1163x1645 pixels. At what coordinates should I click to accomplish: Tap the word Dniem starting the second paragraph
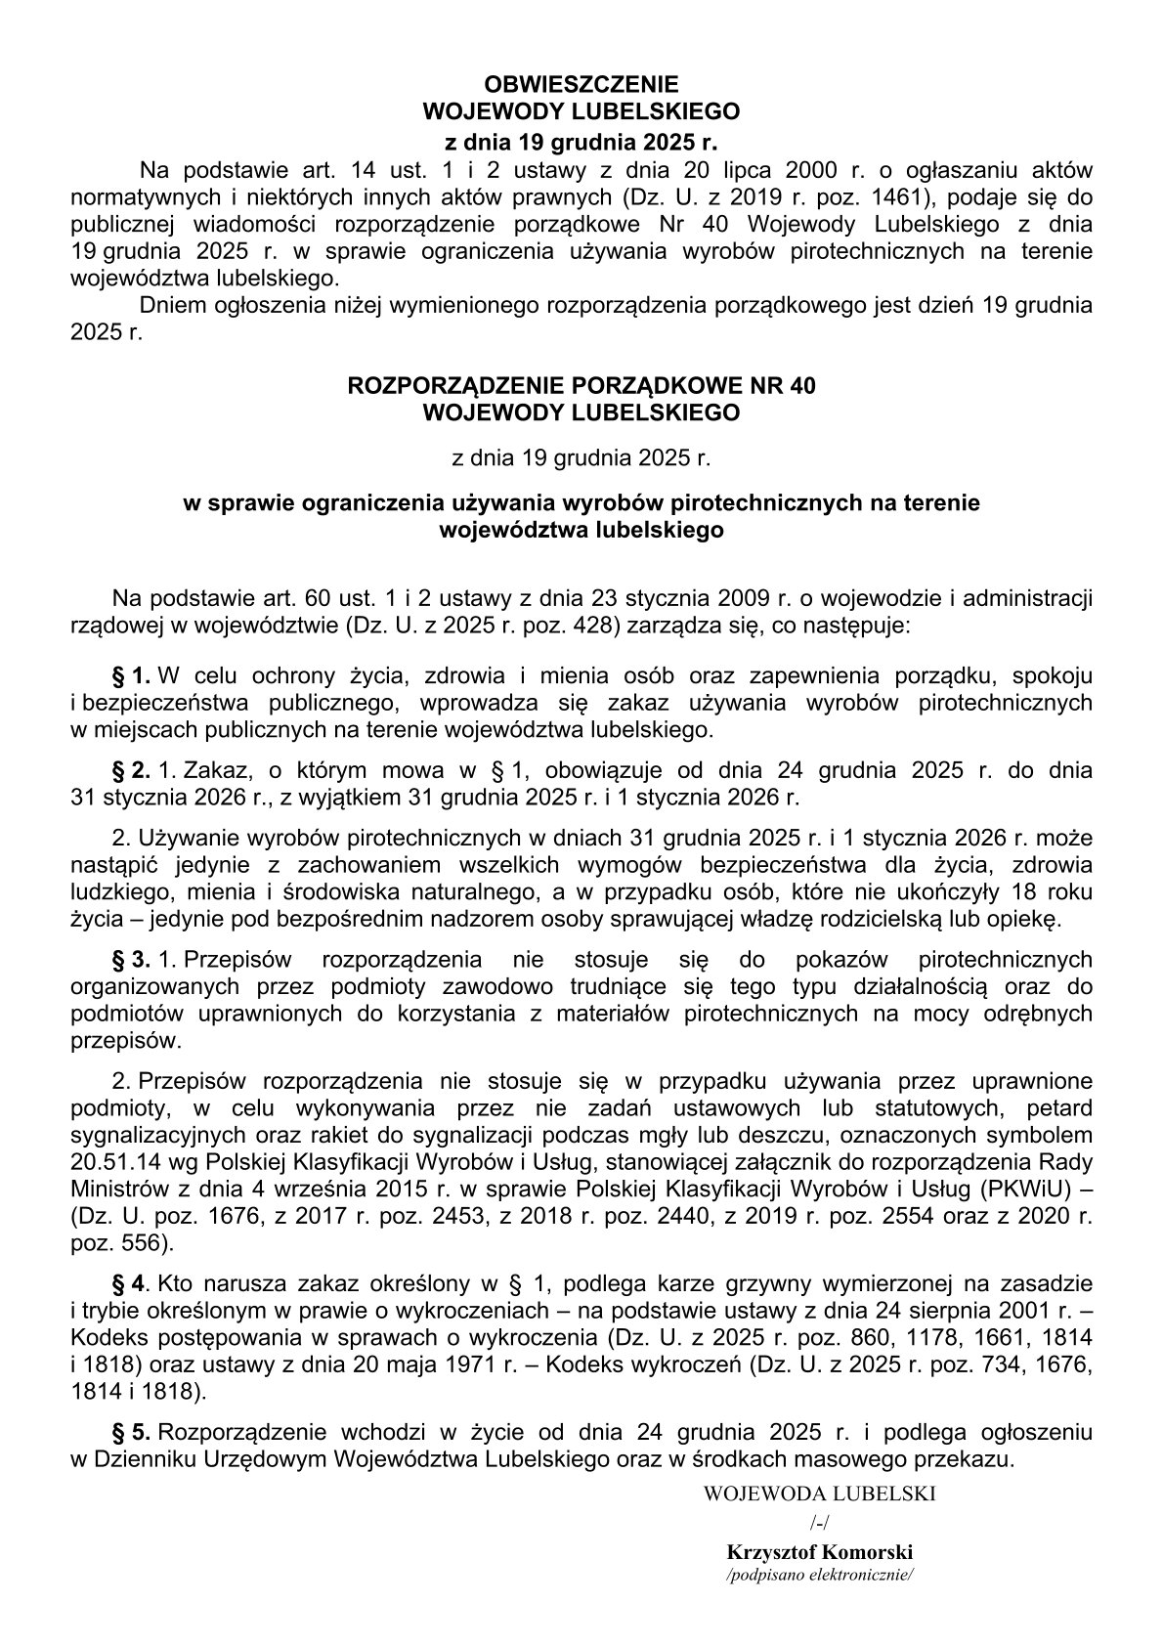[170, 305]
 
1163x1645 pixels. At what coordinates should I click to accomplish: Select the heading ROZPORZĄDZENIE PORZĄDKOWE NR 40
[581, 386]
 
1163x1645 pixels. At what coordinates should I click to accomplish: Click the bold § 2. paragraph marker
[133, 769]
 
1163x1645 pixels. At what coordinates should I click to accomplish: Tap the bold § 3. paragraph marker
[133, 959]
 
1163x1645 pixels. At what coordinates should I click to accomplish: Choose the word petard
[1059, 1108]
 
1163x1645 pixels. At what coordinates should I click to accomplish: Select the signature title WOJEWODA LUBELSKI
[819, 1493]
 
